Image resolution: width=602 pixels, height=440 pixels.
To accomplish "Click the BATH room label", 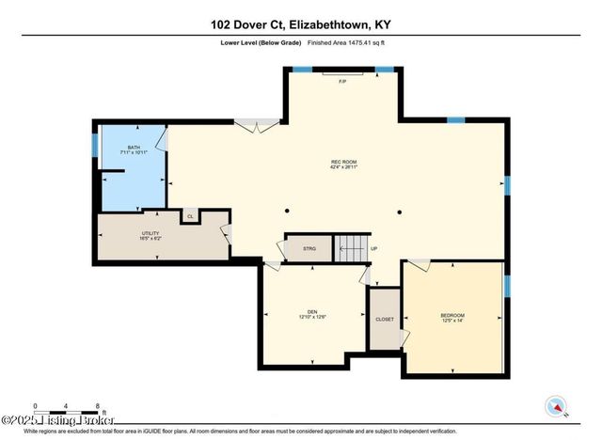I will pos(134,148).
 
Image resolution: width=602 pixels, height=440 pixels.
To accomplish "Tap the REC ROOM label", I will pos(342,162).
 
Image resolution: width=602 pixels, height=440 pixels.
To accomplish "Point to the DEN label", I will pos(312,312).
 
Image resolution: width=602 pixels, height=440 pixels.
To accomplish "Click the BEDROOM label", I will pos(452,315).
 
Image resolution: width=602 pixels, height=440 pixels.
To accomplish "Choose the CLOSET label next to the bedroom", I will pos(385,320).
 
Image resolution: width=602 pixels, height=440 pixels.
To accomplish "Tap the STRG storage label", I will pos(309,248).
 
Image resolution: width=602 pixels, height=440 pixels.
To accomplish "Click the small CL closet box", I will pos(190,216).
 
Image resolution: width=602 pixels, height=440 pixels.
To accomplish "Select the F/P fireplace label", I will pos(342,82).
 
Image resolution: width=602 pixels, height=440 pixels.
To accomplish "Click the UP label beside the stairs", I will pos(374,248).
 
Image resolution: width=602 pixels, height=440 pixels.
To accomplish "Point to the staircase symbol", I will pos(352,248).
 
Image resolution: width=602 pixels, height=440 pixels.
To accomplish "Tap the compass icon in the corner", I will pos(556,406).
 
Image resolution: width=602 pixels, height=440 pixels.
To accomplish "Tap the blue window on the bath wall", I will pos(95,146).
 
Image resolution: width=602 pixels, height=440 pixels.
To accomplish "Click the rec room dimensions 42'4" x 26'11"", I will pos(342,167).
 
